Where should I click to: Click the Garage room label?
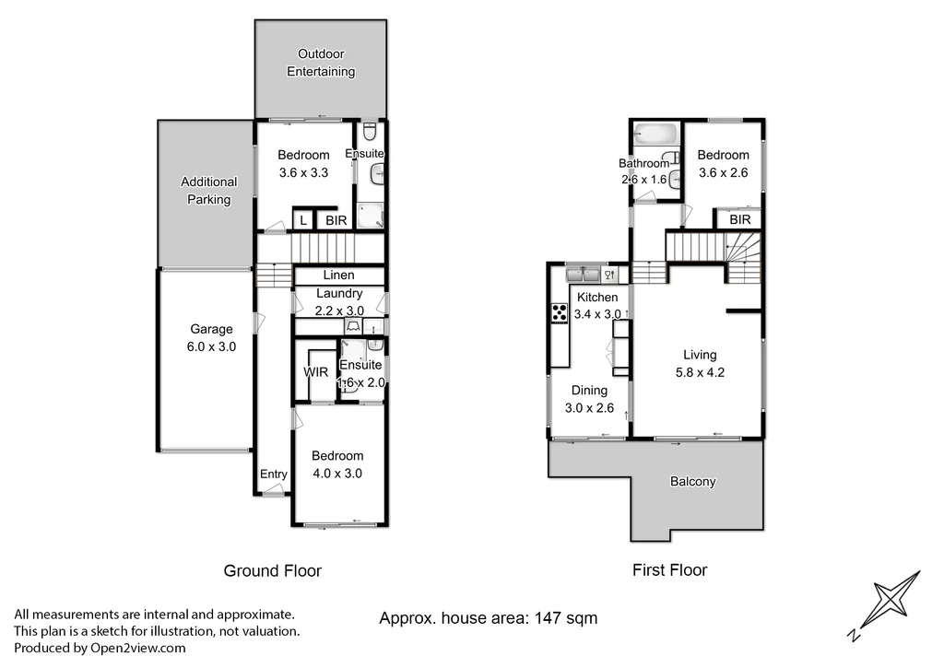coord(211,329)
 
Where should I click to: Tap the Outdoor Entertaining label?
coord(320,63)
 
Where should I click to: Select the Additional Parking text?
coord(208,191)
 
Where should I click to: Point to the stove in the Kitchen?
coord(559,313)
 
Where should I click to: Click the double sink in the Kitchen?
coord(583,273)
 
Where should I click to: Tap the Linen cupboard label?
coord(338,275)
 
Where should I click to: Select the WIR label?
coord(316,373)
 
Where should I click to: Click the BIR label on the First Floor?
coord(739,220)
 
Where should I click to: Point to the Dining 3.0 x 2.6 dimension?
coord(589,408)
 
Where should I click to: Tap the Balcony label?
coord(692,481)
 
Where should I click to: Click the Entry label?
coord(273,474)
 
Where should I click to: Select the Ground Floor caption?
coord(272,571)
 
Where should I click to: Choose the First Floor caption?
coord(669,570)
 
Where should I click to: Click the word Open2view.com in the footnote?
coord(137,648)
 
